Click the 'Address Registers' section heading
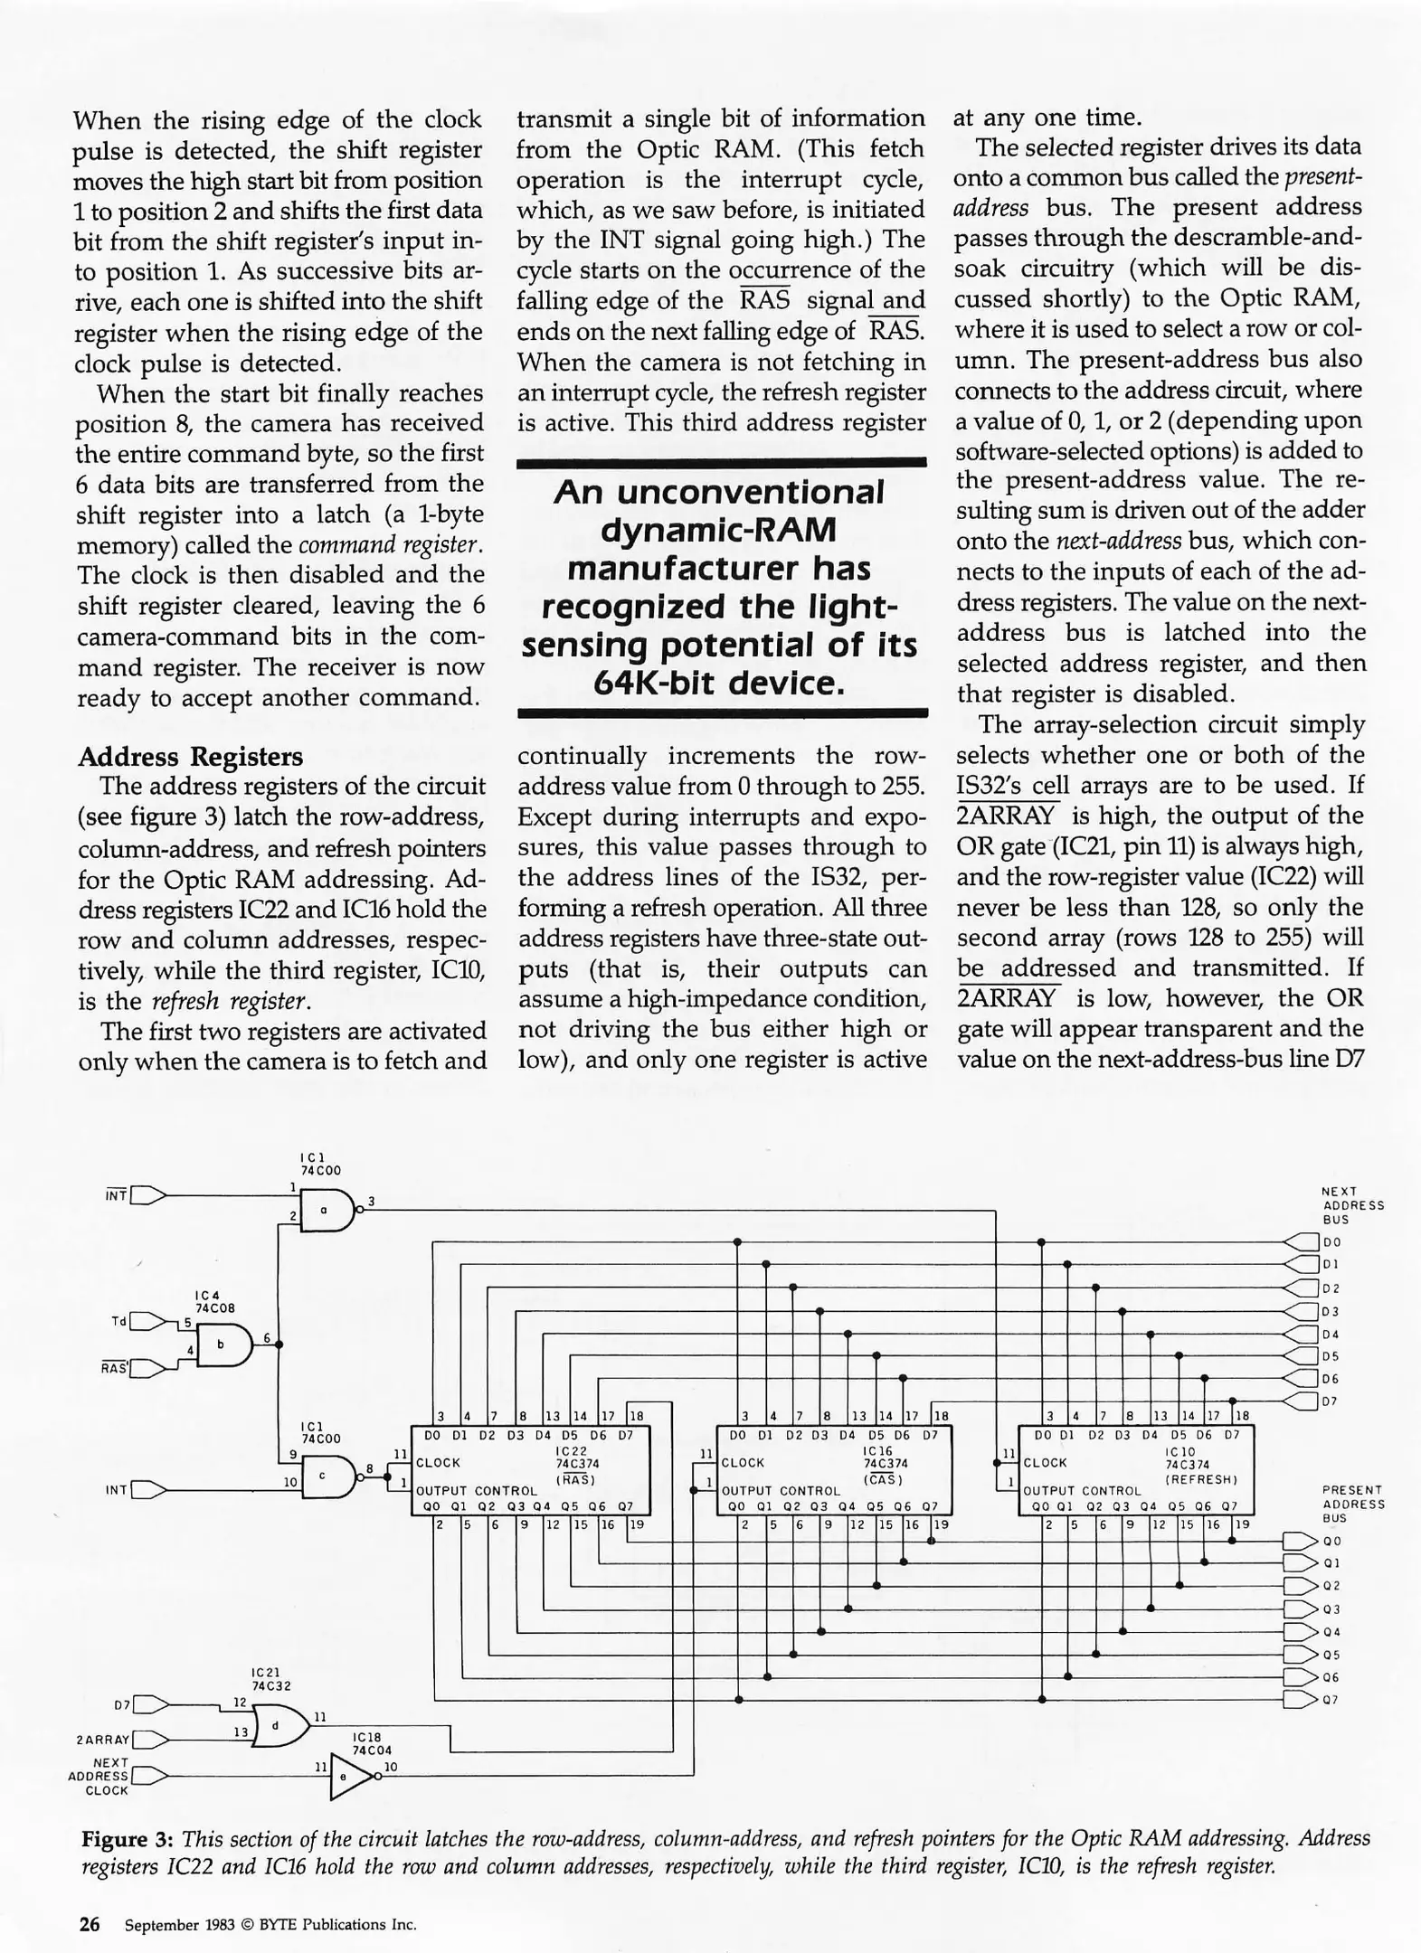(x=190, y=756)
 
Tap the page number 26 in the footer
(x=90, y=1923)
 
